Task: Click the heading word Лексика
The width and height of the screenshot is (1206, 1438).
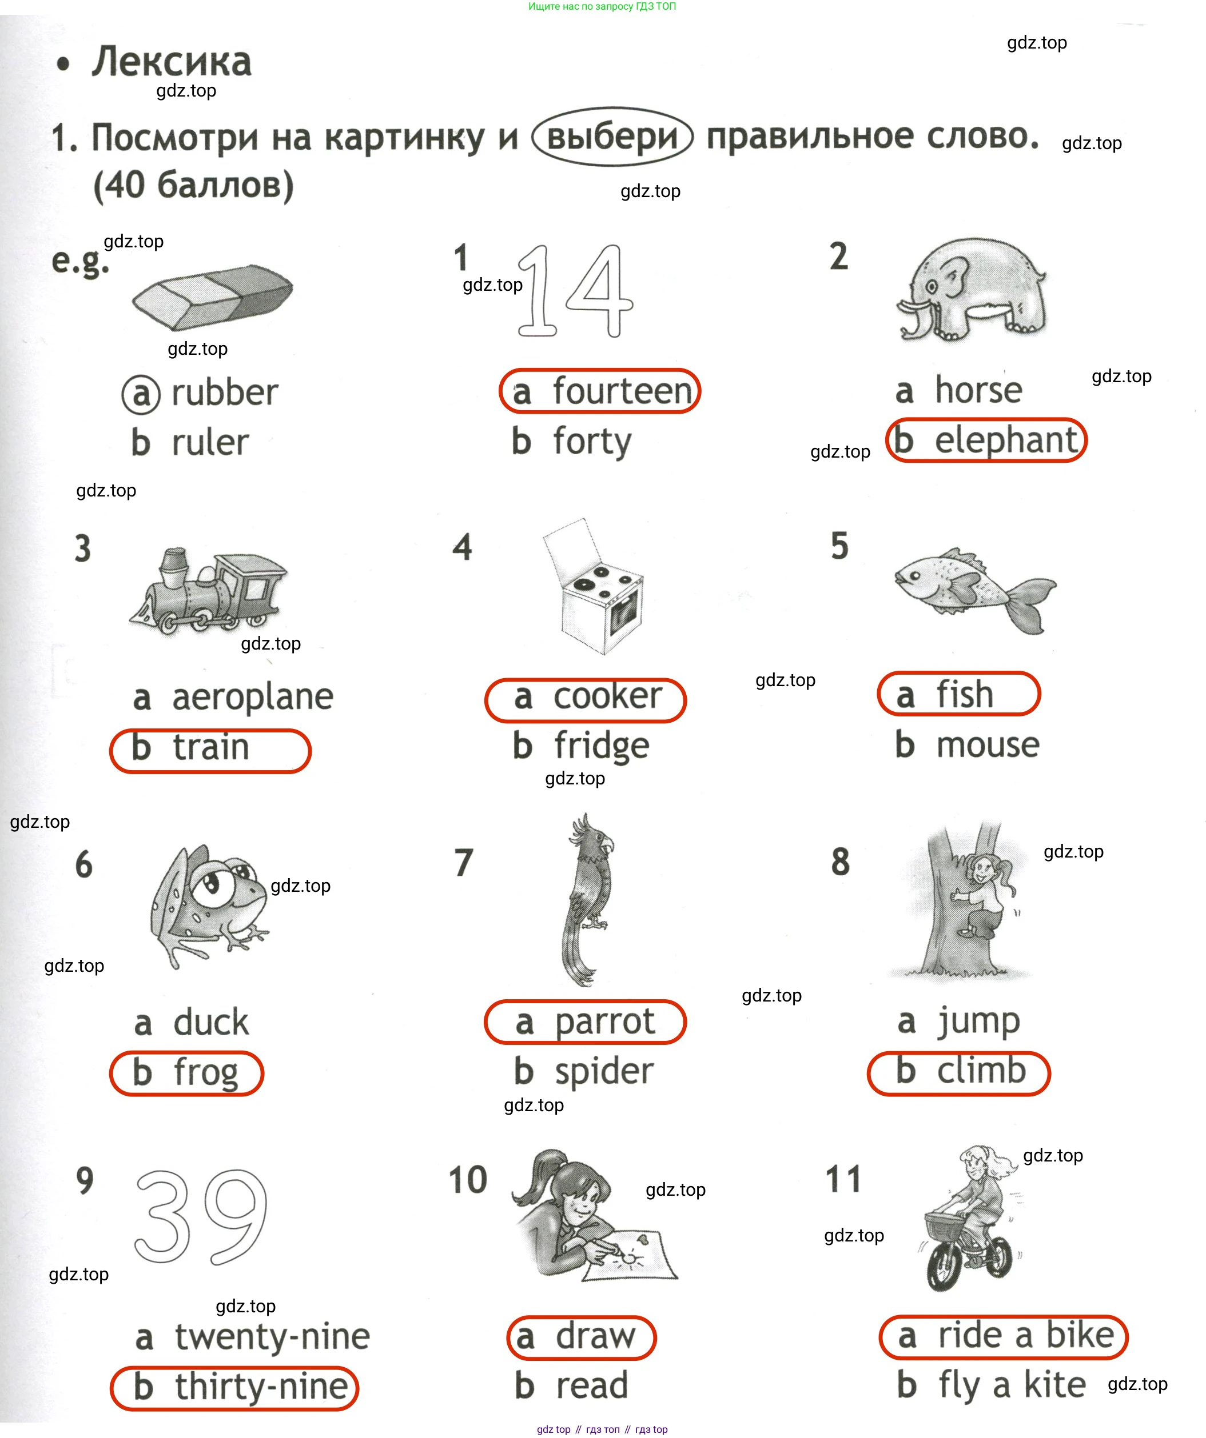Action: click(x=172, y=62)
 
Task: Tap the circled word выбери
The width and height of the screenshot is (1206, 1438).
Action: click(x=612, y=137)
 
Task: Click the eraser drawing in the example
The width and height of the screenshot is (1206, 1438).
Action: click(x=212, y=296)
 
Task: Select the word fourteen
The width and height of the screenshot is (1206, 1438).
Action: click(x=622, y=391)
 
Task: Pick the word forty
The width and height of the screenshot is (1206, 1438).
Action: click(x=592, y=442)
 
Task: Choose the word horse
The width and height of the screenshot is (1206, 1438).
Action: click(x=978, y=390)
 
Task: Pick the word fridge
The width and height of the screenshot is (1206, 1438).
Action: click(x=602, y=746)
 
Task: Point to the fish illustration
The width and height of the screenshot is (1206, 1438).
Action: click(x=975, y=589)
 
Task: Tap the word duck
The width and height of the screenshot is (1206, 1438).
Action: click(x=211, y=1022)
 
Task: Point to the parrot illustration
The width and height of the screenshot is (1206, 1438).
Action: click(x=588, y=899)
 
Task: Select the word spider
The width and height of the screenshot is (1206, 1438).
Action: click(x=604, y=1072)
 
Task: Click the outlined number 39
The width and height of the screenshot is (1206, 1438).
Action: click(x=200, y=1217)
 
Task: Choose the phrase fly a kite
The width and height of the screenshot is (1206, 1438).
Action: click(x=1012, y=1385)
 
